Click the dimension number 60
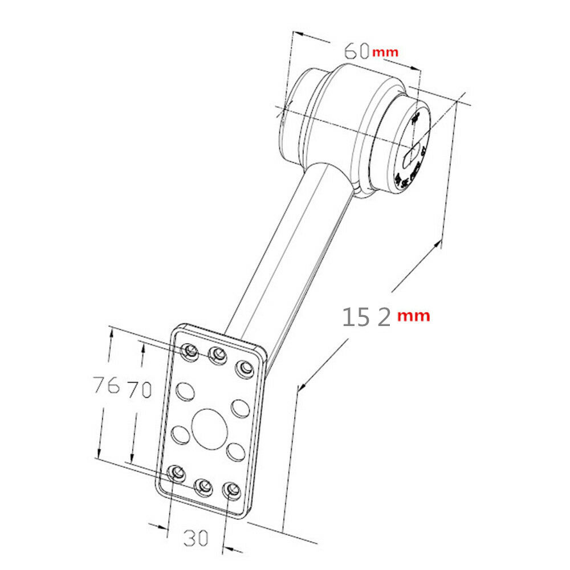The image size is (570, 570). pyautogui.click(x=356, y=51)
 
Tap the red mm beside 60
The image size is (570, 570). pyautogui.click(x=385, y=52)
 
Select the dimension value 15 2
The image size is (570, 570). pyautogui.click(x=367, y=316)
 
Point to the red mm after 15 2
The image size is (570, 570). pyautogui.click(x=414, y=315)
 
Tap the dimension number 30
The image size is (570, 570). pyautogui.click(x=195, y=537)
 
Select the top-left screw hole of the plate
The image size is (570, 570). pyautogui.click(x=189, y=350)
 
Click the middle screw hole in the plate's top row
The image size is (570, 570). pyautogui.click(x=217, y=356)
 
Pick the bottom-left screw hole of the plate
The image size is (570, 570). pyautogui.click(x=176, y=473)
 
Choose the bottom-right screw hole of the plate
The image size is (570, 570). pyautogui.click(x=231, y=489)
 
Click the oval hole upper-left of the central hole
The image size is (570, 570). pyautogui.click(x=185, y=391)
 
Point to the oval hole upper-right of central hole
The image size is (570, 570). pyautogui.click(x=240, y=408)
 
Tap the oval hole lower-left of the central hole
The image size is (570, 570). pyautogui.click(x=180, y=435)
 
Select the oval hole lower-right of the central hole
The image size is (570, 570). pyautogui.click(x=234, y=451)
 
